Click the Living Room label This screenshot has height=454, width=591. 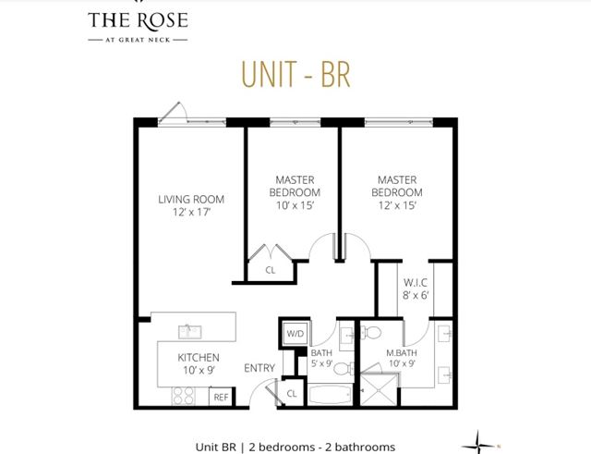pos(191,206)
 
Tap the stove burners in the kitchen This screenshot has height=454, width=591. pos(183,395)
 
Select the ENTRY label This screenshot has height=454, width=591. pos(259,368)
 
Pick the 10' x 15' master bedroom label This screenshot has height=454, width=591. pos(293,191)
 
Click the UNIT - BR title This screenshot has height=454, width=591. pos(295,75)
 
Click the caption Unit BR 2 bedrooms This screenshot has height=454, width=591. pos(295,446)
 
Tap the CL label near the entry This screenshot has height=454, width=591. pos(292,393)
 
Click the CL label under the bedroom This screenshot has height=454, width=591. pos(271,271)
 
